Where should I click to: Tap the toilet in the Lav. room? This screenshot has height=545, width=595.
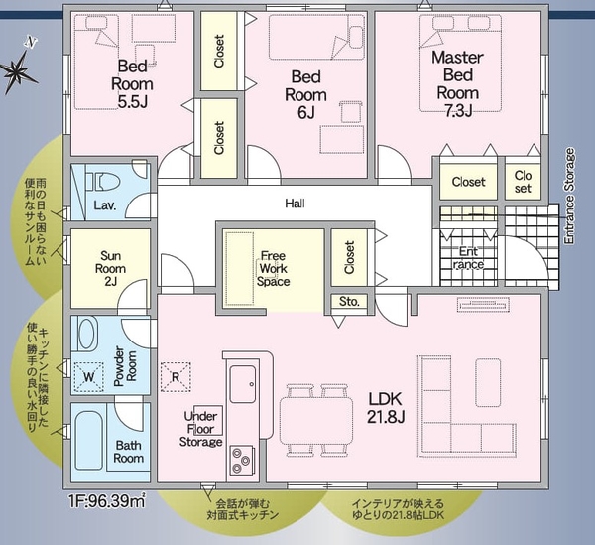coord(102,181)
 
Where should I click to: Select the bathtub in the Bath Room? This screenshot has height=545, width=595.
coord(89,440)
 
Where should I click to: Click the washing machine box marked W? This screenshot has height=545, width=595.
coord(89,377)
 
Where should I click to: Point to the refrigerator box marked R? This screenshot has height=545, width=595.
coord(176,377)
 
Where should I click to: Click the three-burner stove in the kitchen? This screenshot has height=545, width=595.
coord(242,460)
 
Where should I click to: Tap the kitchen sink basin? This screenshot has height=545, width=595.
coord(243,384)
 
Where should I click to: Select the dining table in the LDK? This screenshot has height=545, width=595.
coord(316,421)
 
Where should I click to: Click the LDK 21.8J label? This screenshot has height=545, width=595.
coord(386,408)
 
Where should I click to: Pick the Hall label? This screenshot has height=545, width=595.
coord(295,204)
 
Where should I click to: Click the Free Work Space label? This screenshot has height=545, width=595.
coord(274,268)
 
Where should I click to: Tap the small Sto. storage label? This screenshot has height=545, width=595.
coord(349,302)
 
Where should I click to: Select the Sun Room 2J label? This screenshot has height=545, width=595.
coord(110,268)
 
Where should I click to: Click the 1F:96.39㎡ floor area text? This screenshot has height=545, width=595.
coord(107,501)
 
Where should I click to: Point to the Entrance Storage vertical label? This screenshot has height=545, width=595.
coord(569,196)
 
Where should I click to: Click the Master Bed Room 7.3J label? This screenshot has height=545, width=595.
coord(457,84)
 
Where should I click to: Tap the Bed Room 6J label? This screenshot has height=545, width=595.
coord(305,94)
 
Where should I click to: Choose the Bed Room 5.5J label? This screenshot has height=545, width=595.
coord(133,84)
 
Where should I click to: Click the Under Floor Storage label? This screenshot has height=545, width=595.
coord(200,429)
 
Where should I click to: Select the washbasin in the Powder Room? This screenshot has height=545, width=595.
coord(86,334)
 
